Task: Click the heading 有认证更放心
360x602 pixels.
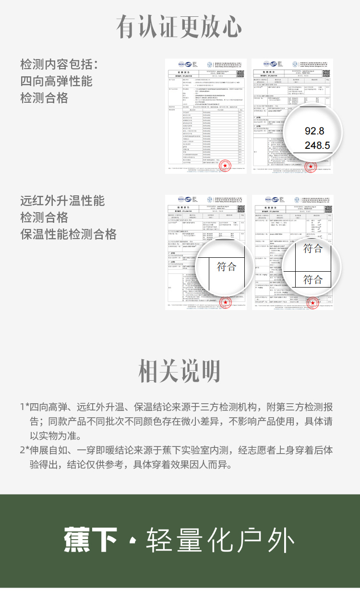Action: pyautogui.click(x=180, y=27)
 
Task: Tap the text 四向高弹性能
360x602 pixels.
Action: pyautogui.click(x=56, y=81)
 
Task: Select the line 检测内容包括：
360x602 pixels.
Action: pyautogui.click(x=59, y=64)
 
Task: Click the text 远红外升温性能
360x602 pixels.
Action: pyautogui.click(x=62, y=200)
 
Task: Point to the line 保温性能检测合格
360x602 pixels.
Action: pyautogui.click(x=69, y=235)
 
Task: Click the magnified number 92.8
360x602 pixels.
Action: pyautogui.click(x=314, y=131)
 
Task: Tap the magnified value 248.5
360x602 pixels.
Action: pyautogui.click(x=317, y=145)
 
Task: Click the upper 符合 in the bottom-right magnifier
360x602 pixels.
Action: pyautogui.click(x=313, y=248)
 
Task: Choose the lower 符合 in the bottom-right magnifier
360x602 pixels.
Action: pyautogui.click(x=313, y=279)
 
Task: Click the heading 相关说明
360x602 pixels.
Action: pyautogui.click(x=180, y=371)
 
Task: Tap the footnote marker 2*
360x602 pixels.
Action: pyautogui.click(x=24, y=451)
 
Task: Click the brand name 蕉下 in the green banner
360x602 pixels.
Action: pyautogui.click(x=91, y=540)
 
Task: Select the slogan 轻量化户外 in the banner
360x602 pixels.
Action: pyautogui.click(x=220, y=540)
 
